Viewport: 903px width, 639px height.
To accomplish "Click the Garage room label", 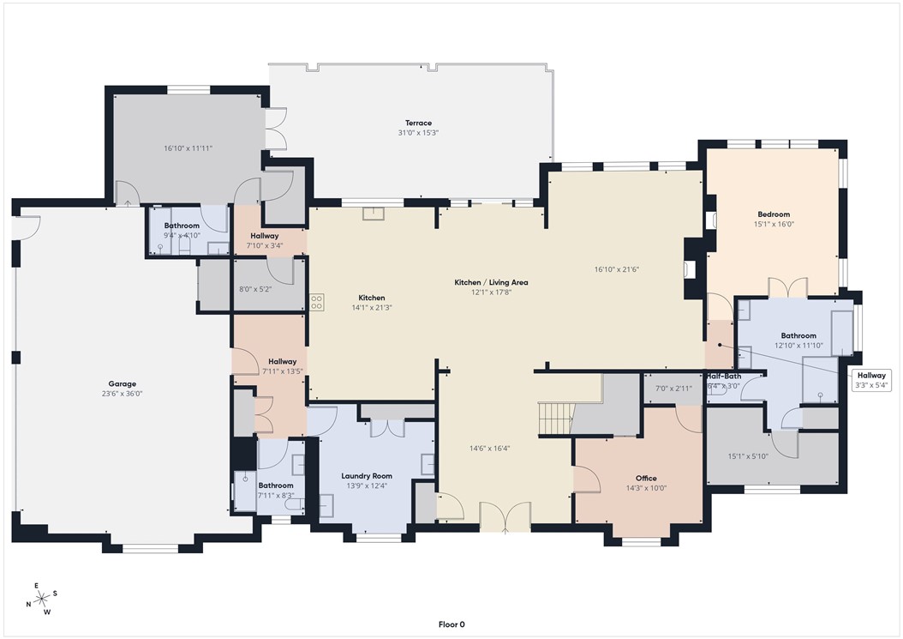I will pos(122,384).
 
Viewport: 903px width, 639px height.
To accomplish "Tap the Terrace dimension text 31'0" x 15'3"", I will pos(418,133).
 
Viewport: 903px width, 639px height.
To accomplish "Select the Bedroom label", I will pos(773,214).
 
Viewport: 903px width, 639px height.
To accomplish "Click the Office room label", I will pos(645,479).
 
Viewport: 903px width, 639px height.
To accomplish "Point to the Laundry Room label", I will pos(366,476).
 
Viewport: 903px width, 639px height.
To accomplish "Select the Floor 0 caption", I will pos(451,624).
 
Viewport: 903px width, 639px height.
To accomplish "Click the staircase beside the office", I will pos(556,419).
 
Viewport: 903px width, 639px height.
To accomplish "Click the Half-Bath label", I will pos(723,377).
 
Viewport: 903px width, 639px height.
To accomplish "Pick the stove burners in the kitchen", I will pos(316,301).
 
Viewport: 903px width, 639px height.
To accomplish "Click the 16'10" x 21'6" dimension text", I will pos(617,268).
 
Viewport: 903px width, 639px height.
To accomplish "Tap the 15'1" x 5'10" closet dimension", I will pos(748,455).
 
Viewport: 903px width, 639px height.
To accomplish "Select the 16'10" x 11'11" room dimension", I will pos(188,148).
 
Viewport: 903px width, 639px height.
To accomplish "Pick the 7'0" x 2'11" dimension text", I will pos(673,389).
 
